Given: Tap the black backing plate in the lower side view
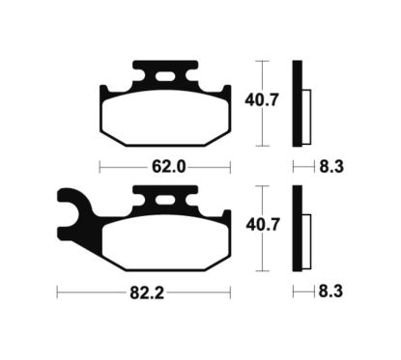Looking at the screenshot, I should (x=299, y=226).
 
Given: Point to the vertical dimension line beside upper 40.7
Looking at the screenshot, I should (x=258, y=101).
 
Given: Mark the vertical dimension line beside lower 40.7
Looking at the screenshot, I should (x=258, y=225).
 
